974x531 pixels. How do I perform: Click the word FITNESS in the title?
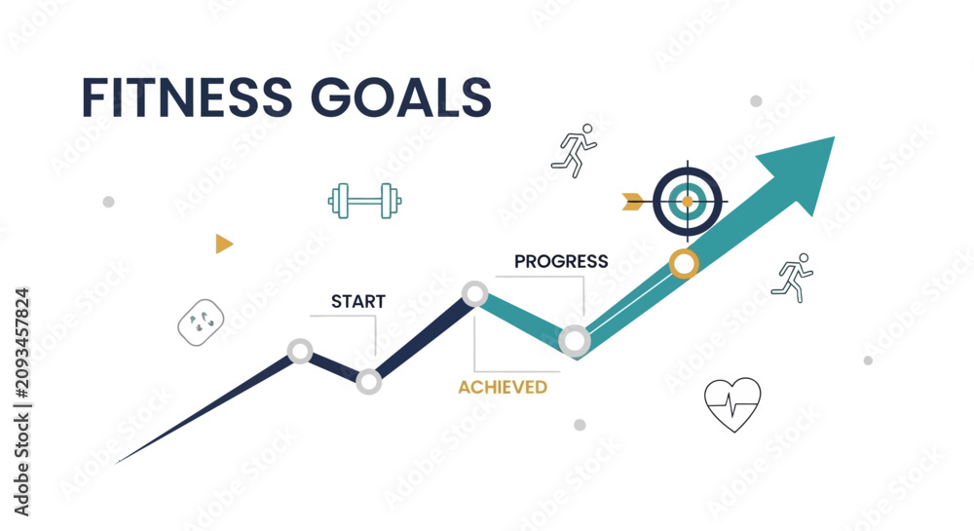coord(187,97)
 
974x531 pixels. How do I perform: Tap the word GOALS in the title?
coord(401,97)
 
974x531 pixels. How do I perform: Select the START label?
coord(358,302)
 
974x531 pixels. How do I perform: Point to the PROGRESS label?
coord(561,261)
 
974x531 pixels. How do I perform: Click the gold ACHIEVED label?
coord(503,388)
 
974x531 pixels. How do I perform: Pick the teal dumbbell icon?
coord(364,201)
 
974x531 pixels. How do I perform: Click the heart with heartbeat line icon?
coord(733,404)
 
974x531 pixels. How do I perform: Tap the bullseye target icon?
coord(688,202)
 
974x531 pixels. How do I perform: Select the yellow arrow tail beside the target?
coord(633,202)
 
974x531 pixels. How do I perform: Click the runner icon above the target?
coord(575,151)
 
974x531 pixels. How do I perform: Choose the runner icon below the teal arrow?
coord(793,278)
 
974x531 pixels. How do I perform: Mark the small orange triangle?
coord(224,244)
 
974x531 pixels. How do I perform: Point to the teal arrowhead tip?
coord(835,137)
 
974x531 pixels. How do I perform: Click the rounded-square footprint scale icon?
coord(201,322)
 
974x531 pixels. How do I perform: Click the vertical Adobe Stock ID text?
coord(21,401)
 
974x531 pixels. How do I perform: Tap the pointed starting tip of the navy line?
coord(116,463)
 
